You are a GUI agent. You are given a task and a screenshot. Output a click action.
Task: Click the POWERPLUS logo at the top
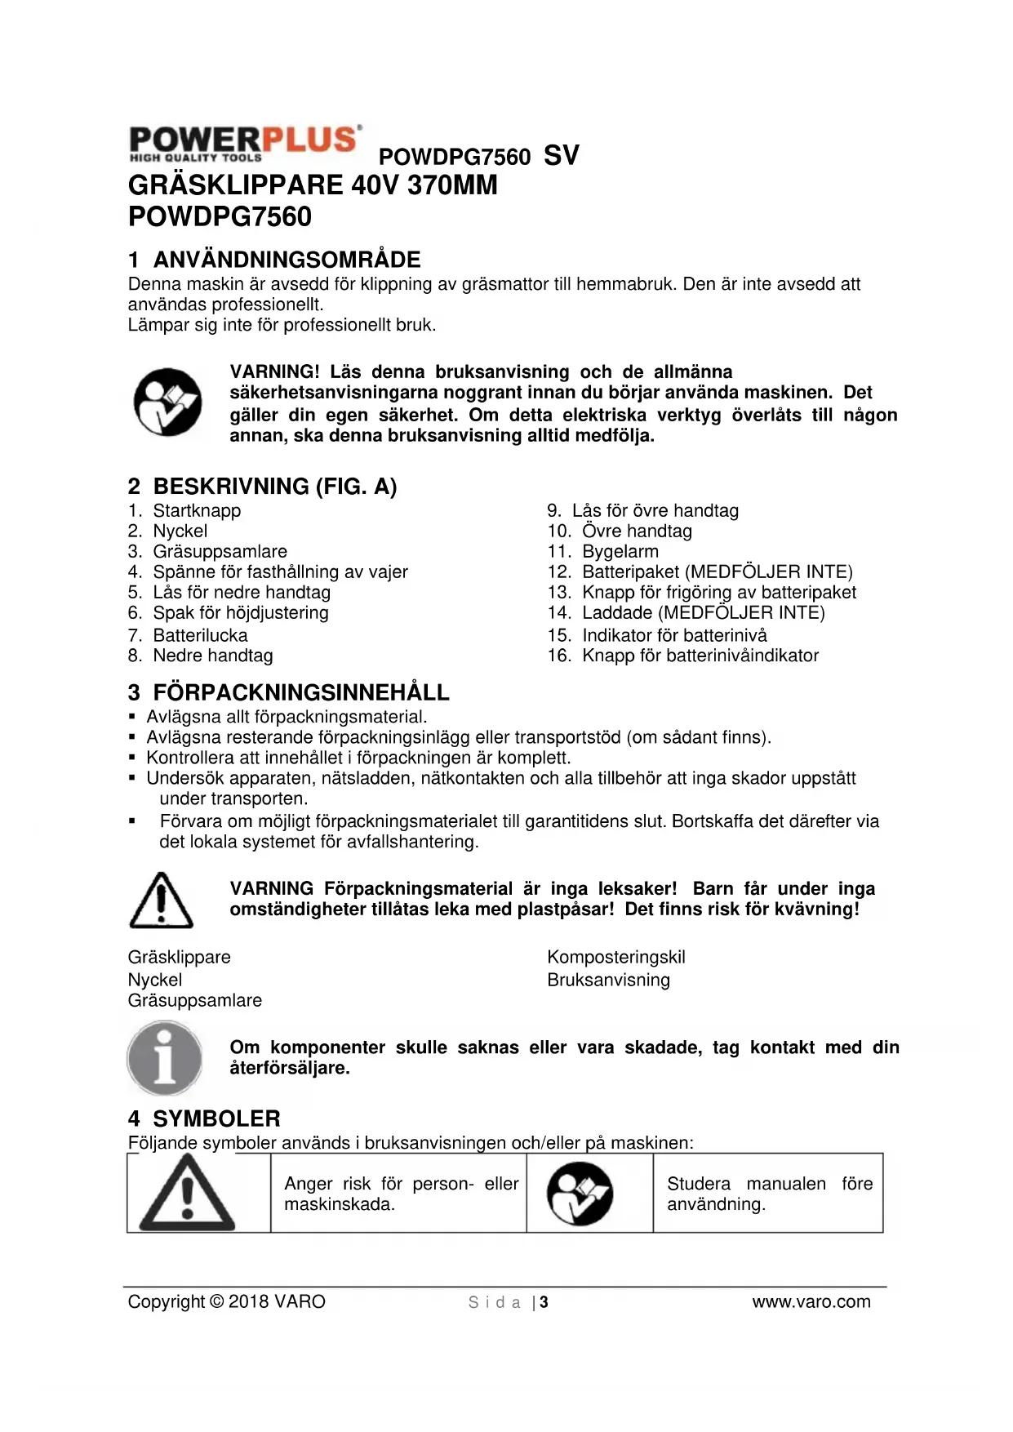(244, 143)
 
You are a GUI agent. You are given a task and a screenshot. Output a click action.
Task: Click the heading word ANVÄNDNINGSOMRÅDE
(287, 260)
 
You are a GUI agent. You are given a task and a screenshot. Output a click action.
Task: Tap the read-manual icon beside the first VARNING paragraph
(168, 402)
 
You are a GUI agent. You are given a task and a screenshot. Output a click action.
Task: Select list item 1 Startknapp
(197, 511)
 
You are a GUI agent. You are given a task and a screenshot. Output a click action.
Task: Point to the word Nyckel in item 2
(180, 531)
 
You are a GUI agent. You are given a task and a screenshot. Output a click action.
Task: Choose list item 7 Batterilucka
(200, 635)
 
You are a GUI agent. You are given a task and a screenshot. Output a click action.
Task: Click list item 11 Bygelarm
(620, 552)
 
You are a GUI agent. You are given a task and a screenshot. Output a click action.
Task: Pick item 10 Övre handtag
(636, 531)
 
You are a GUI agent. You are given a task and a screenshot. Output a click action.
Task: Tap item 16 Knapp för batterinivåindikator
(700, 656)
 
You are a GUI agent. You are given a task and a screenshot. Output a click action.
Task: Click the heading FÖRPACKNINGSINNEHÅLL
(300, 692)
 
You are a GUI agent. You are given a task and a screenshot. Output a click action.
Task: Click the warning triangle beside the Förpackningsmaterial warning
(162, 901)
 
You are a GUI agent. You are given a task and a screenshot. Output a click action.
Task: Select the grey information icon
(165, 1059)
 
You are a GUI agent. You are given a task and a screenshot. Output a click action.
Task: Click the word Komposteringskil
(616, 957)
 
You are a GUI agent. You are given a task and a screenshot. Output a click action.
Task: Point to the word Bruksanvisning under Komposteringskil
(608, 980)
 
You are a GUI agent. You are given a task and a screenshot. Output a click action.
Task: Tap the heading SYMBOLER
(216, 1118)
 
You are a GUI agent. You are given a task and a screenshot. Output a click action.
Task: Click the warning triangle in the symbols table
(188, 1194)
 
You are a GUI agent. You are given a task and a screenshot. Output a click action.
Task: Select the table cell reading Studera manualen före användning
(768, 1194)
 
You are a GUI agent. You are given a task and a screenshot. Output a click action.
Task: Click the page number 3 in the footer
(544, 1302)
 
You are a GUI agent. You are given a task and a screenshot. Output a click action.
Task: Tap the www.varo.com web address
(811, 1302)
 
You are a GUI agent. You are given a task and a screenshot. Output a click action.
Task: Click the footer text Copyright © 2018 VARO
(226, 1302)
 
